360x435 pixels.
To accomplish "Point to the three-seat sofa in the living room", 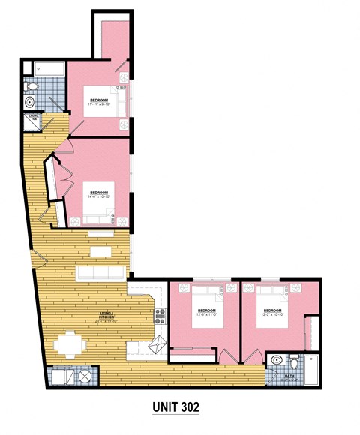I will [x=100, y=271].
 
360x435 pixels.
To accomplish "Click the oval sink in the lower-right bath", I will [x=277, y=358].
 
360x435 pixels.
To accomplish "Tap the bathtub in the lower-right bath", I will [x=315, y=366].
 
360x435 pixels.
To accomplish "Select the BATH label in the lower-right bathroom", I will [x=288, y=377].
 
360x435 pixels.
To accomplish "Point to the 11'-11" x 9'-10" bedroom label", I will [x=99, y=102].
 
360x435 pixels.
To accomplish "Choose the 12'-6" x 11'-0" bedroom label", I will [x=206, y=312].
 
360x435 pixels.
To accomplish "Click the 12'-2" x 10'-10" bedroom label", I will [x=271, y=312].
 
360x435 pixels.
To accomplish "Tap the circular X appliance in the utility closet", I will [x=85, y=376].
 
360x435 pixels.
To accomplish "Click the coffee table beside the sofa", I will [x=100, y=251].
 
